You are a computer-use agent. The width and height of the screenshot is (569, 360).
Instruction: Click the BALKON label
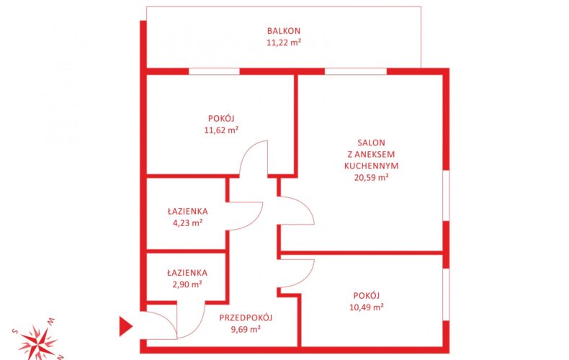click(284, 31)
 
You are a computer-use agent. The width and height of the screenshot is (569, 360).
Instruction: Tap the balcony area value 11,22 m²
click(284, 42)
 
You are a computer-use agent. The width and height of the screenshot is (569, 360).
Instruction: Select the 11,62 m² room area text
click(221, 130)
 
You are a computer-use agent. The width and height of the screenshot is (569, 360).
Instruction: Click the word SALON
click(371, 143)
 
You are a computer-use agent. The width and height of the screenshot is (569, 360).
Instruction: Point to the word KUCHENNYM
click(371, 166)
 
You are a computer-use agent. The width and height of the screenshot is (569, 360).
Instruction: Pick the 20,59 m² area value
click(371, 177)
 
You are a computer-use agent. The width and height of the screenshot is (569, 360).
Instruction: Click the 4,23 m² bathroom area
click(187, 222)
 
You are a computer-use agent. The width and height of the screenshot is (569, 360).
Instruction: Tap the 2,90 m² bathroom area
click(187, 284)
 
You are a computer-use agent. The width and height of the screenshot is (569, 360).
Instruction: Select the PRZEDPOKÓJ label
click(246, 318)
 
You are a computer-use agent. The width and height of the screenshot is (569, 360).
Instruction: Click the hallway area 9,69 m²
click(246, 330)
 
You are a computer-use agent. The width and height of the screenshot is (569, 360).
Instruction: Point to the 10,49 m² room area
click(367, 307)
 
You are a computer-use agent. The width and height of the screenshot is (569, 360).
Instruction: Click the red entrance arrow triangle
click(125, 326)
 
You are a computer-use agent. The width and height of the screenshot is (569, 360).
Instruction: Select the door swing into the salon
click(303, 207)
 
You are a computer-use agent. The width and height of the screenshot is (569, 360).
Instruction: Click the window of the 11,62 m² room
click(214, 71)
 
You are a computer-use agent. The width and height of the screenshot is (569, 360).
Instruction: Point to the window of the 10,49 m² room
click(446, 294)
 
